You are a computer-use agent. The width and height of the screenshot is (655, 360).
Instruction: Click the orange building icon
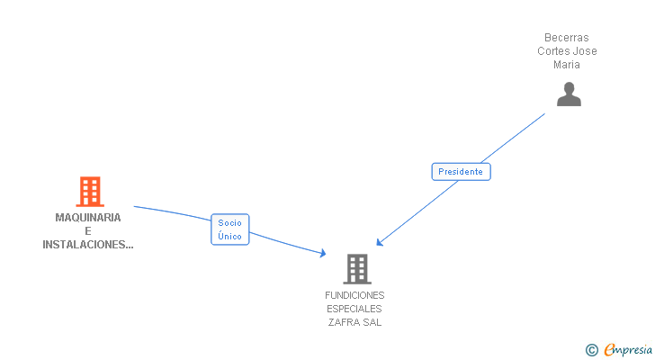(x=89, y=191)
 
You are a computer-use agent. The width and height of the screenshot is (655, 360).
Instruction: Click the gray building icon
(x=356, y=268)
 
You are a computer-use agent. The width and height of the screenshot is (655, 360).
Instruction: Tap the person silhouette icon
(x=569, y=94)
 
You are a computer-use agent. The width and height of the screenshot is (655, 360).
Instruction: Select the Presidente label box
(x=461, y=172)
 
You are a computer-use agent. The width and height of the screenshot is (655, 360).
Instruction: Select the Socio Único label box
(x=229, y=229)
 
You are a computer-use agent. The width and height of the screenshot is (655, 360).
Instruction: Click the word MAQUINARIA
(x=88, y=218)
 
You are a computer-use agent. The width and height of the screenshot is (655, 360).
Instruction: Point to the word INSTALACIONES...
(x=88, y=245)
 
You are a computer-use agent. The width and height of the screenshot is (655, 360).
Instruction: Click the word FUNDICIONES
(x=354, y=295)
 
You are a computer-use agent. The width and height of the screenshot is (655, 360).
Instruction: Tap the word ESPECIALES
(x=354, y=309)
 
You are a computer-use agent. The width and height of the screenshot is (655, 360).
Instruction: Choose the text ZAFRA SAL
(x=354, y=322)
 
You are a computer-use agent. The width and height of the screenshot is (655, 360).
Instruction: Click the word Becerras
(x=567, y=38)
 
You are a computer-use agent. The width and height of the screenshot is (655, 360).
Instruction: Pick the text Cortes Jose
(x=567, y=51)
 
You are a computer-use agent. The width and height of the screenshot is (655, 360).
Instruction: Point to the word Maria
(x=567, y=64)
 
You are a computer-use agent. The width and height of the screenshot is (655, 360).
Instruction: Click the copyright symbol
(x=591, y=350)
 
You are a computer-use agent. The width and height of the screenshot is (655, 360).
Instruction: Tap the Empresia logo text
(x=628, y=349)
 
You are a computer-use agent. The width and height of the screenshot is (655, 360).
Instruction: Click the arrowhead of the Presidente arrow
(x=379, y=243)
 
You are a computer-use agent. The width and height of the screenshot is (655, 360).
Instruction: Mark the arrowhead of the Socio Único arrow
(x=323, y=255)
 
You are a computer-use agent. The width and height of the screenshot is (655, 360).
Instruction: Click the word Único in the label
(x=229, y=236)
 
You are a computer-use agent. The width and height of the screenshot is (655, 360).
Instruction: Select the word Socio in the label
(x=229, y=223)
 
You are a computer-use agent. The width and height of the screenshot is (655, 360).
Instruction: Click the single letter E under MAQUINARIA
(x=88, y=231)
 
